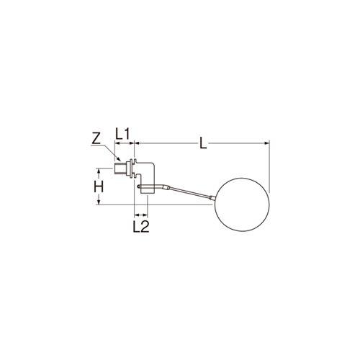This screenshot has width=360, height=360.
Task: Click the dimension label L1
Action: (x=122, y=134)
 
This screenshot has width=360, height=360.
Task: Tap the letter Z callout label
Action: (x=96, y=139)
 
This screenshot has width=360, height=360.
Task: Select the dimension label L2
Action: (x=141, y=226)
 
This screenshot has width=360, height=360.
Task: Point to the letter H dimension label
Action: (x=99, y=187)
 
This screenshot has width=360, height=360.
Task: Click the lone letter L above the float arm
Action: (x=203, y=143)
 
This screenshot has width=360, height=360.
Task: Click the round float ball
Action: (x=243, y=204)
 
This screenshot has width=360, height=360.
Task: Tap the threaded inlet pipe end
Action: (x=121, y=168)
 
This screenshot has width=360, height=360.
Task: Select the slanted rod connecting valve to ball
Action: (x=190, y=192)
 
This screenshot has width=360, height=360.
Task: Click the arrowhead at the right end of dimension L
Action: (x=266, y=143)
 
